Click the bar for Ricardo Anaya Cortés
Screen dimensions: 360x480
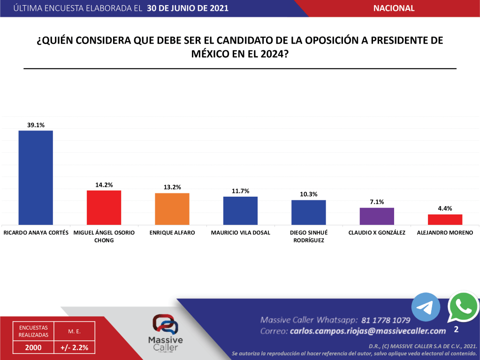click(36, 177)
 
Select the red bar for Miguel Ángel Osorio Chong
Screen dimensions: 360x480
click(104, 207)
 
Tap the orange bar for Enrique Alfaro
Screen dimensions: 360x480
click(172, 209)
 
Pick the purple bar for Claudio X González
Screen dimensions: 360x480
click(377, 216)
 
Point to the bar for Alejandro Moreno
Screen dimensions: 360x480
click(445, 219)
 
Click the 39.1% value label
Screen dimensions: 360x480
click(36, 125)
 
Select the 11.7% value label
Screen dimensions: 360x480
click(240, 191)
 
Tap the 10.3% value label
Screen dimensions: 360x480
click(308, 194)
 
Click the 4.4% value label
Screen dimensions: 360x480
click(445, 208)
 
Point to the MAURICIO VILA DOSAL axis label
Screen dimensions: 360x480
click(240, 232)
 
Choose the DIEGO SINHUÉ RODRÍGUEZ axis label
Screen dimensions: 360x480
click(308, 236)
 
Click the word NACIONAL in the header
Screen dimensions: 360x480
click(394, 8)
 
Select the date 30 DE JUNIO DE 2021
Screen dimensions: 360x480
click(188, 8)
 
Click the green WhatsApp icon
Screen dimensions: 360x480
click(463, 306)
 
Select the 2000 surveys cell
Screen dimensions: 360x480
click(33, 347)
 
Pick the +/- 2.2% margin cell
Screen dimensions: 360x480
click(74, 347)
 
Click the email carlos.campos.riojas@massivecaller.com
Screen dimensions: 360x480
click(367, 331)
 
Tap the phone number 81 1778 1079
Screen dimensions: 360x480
click(386, 320)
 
